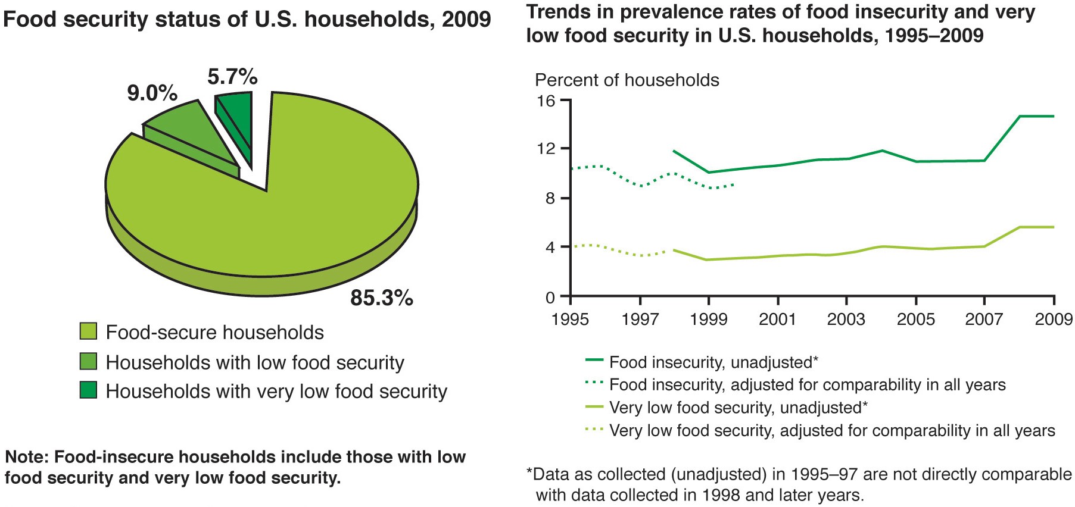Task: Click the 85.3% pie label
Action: tap(381, 298)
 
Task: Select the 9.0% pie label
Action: tap(152, 93)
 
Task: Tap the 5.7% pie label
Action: tap(232, 77)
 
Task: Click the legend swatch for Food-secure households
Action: tap(88, 331)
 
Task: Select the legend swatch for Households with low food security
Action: tap(88, 362)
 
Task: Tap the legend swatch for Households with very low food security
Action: tap(88, 390)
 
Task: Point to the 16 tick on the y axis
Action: tap(547, 101)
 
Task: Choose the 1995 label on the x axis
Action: tap(570, 320)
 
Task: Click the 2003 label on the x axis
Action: tap(846, 320)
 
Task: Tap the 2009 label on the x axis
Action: tap(1054, 320)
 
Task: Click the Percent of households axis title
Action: tap(627, 80)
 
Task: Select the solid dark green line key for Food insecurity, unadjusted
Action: tap(594, 361)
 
